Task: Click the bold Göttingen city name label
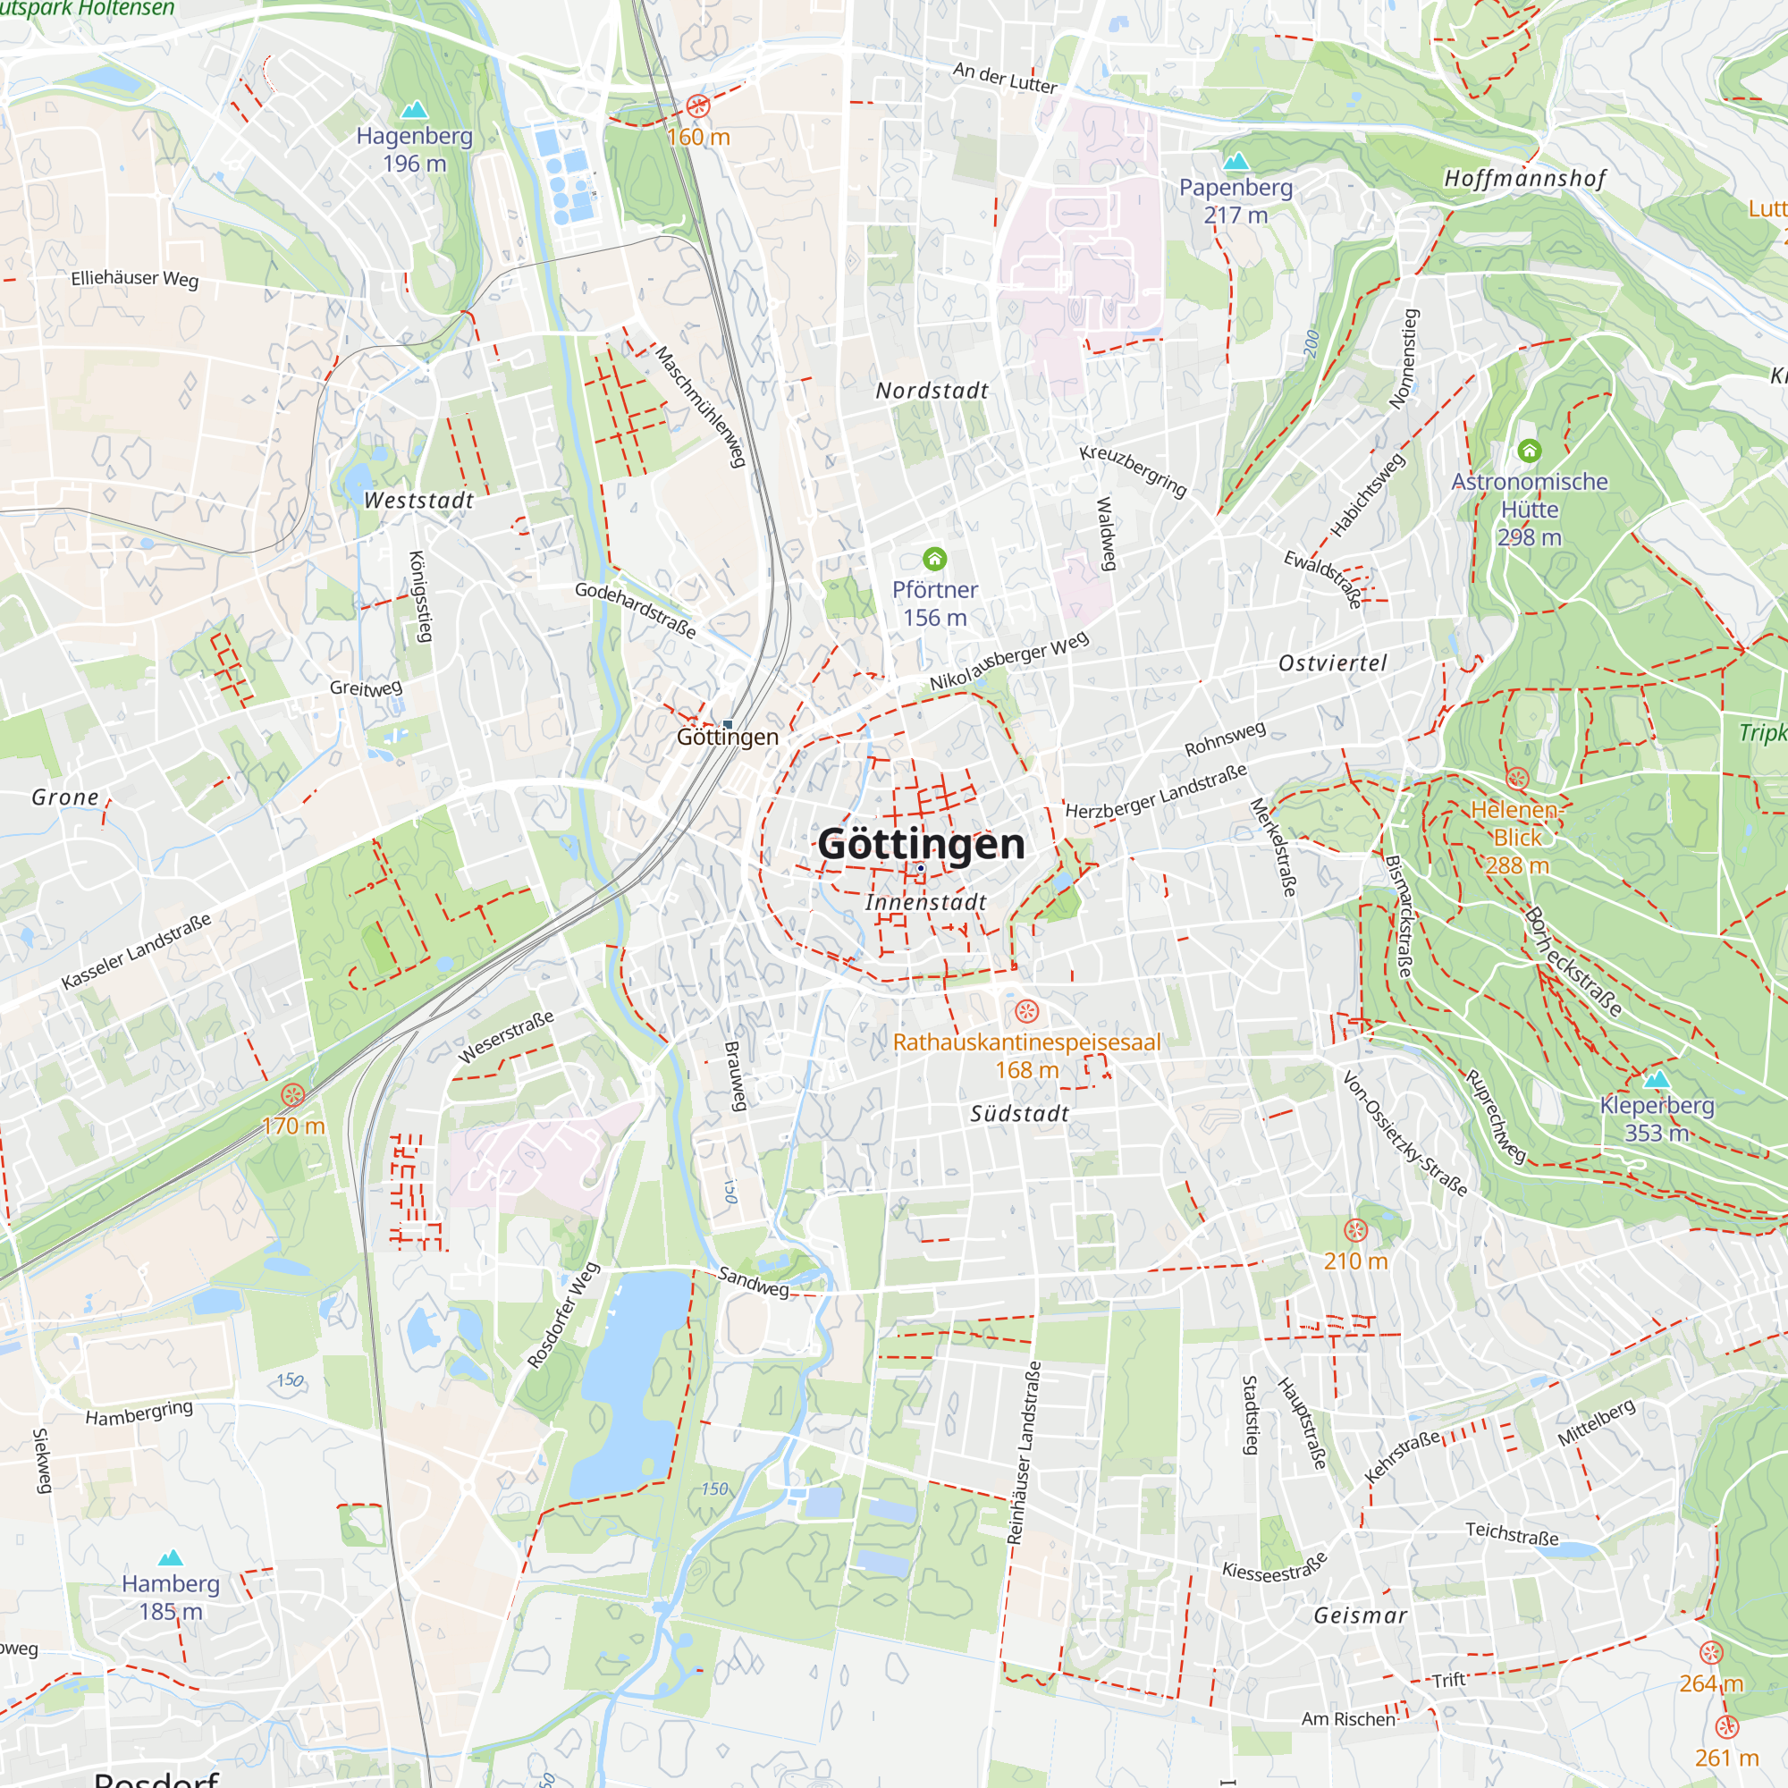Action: (x=921, y=844)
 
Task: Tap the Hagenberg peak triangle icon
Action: (x=414, y=110)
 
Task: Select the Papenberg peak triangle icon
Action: (x=1236, y=162)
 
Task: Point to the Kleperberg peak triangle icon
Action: (x=1657, y=1079)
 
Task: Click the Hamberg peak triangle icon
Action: (x=170, y=1558)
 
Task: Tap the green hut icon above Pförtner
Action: (x=935, y=559)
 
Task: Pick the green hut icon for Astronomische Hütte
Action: (x=1530, y=451)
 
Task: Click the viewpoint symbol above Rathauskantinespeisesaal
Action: (x=1026, y=1010)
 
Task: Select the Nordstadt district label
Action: (x=932, y=392)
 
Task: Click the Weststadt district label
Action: (x=418, y=501)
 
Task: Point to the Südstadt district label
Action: (x=1019, y=1114)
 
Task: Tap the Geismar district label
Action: (x=1361, y=1615)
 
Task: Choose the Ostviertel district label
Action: (x=1333, y=663)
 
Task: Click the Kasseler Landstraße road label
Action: (x=136, y=951)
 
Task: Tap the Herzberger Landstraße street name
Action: (x=1156, y=791)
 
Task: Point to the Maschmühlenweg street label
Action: (x=701, y=406)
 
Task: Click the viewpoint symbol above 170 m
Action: (x=292, y=1096)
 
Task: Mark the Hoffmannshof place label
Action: (x=1524, y=179)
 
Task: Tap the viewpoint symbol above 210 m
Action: (x=1355, y=1231)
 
